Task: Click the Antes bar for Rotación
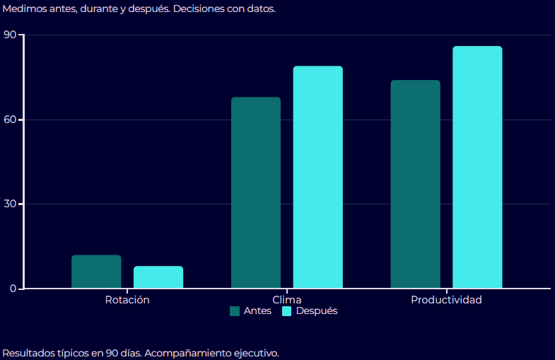pos(96,272)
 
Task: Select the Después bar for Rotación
pos(158,277)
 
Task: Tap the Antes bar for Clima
pos(256,192)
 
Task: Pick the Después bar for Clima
pos(318,177)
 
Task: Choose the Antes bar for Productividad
pos(416,184)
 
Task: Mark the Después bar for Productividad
pos(478,167)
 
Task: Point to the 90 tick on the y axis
pos(10,35)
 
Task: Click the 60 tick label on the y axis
pos(10,120)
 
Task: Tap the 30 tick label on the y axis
pos(10,204)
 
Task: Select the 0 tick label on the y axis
pos(13,289)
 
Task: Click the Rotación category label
pos(127,300)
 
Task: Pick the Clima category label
pos(287,300)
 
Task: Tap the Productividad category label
pos(446,300)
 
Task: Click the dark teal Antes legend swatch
pos(235,311)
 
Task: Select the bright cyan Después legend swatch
pos(287,311)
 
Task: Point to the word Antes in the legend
pos(257,311)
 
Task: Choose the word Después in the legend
pos(317,311)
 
